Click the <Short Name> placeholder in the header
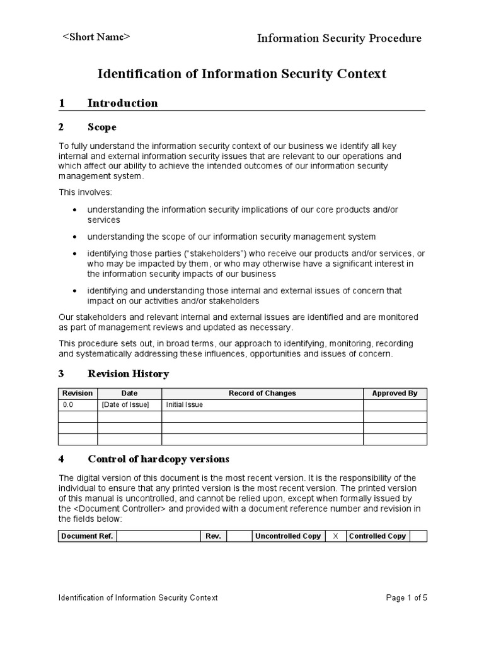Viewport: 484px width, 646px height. coord(96,37)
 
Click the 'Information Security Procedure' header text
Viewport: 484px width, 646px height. coord(339,38)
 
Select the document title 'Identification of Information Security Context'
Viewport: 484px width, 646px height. coord(241,74)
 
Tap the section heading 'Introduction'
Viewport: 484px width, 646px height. coord(122,103)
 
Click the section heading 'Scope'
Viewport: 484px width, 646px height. coord(102,127)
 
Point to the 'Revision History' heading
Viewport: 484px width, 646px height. coord(128,373)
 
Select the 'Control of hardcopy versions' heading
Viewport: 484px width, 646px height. coord(158,459)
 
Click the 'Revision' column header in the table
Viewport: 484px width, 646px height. coord(78,393)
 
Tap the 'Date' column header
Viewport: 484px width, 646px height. coord(129,393)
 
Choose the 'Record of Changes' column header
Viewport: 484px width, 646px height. coord(262,393)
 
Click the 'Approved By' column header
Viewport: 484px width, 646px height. coord(395,393)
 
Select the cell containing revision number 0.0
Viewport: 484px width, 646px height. coord(68,404)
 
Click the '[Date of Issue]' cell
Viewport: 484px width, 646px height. coord(125,404)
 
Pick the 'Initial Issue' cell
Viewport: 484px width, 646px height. coord(184,404)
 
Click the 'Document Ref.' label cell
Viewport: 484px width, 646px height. coord(87,536)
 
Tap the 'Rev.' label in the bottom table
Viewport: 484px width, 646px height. coord(213,536)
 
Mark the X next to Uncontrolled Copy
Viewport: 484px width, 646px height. coord(335,536)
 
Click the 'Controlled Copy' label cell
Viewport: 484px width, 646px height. coord(377,536)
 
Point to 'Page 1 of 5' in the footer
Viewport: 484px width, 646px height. coord(406,597)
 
